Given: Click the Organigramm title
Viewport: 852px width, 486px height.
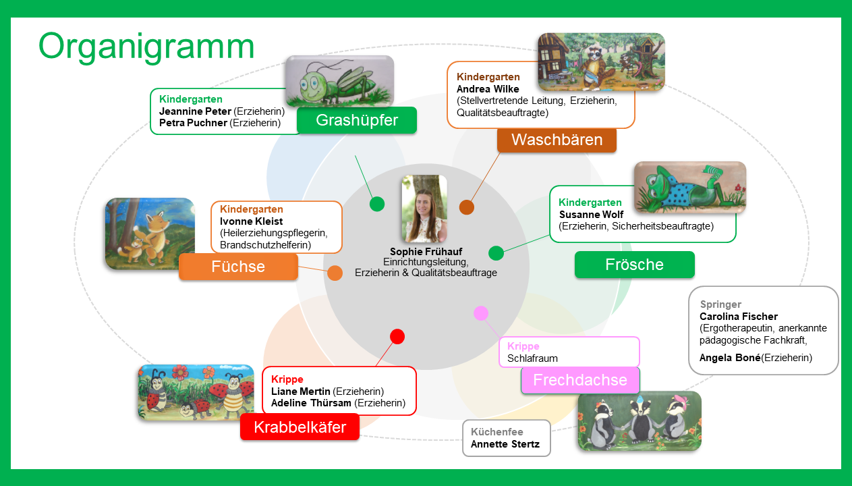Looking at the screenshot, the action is point(146,47).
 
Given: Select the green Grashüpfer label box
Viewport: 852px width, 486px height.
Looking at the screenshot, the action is point(357,120).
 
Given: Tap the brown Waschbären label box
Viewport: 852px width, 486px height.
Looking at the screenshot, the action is point(557,140).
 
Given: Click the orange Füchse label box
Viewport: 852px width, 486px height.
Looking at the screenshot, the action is point(238,267).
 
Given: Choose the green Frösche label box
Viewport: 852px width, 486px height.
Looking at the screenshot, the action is point(634,265).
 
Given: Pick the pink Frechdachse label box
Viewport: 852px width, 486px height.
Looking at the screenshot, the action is point(580,380).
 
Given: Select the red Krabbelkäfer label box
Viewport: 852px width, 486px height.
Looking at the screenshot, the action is point(300,427).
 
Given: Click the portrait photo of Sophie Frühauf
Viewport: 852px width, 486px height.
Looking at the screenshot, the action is point(424,209).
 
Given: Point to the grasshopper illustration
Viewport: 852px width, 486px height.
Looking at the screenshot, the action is point(340,81).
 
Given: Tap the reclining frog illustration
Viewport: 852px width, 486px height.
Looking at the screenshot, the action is point(690,187).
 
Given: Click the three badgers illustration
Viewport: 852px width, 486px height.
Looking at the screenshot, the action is point(640,421).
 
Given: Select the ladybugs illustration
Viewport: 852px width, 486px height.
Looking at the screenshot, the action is point(196,393).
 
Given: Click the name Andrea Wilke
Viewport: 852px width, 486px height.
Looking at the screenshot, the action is point(488,89).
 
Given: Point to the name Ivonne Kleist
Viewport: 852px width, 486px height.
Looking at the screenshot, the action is point(251,221).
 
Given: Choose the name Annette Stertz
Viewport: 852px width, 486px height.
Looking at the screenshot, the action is point(505,444).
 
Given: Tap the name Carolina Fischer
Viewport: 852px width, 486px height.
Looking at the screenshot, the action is point(738,317).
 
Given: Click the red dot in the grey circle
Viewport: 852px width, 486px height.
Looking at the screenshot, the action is point(397,336).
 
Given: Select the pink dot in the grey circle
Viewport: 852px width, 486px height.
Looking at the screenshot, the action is point(481,313).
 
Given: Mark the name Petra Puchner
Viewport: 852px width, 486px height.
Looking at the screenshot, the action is point(193,123).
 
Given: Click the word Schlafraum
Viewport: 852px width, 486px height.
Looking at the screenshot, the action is point(532,358).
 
